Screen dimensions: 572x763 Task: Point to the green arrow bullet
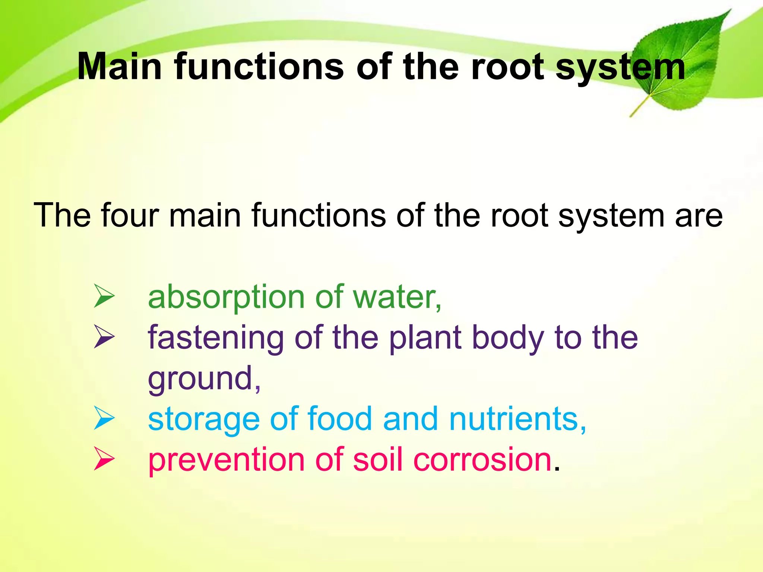104,296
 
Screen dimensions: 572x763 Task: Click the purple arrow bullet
104,337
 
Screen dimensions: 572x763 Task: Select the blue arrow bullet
104,418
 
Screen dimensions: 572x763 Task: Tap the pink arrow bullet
104,458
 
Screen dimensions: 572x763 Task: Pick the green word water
395,297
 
